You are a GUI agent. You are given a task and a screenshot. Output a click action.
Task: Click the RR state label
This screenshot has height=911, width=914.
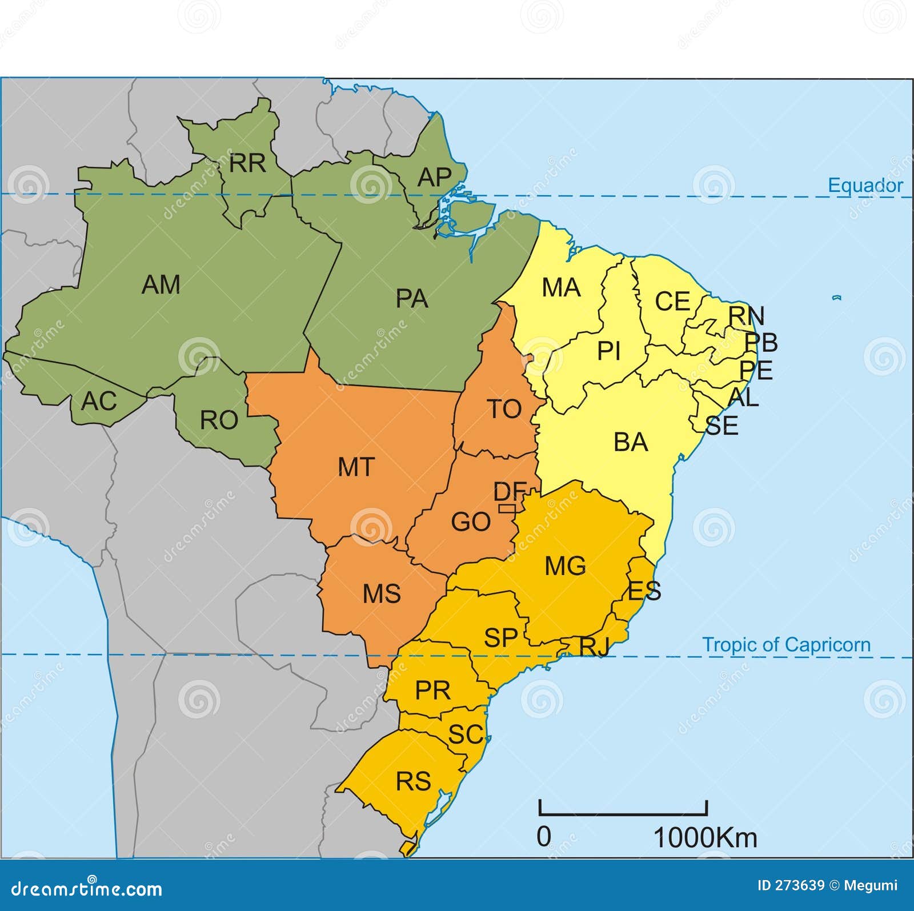click(x=247, y=163)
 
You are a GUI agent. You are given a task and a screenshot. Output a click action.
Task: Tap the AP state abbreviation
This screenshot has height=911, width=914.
click(x=434, y=177)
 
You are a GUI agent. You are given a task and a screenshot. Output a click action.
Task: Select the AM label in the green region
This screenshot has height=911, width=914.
click(x=161, y=284)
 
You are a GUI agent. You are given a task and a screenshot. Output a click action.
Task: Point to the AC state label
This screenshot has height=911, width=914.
click(x=99, y=401)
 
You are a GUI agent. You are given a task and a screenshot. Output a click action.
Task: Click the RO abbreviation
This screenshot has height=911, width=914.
click(x=219, y=420)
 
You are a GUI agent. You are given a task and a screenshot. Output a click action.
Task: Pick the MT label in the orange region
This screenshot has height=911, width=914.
click(x=356, y=467)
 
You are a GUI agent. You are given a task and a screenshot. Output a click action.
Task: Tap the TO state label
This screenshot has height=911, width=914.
click(x=504, y=409)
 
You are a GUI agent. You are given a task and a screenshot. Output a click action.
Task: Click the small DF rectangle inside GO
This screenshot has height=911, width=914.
click(x=507, y=508)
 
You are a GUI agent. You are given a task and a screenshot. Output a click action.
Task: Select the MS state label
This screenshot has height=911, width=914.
click(x=382, y=594)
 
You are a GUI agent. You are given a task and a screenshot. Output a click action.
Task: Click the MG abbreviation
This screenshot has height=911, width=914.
click(x=565, y=566)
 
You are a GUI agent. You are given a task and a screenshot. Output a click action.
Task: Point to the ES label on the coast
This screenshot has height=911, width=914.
click(x=644, y=591)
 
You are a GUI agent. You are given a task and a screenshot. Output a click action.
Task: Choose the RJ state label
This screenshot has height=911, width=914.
click(x=594, y=647)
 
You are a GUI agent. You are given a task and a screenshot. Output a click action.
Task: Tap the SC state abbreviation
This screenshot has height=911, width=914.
click(x=466, y=735)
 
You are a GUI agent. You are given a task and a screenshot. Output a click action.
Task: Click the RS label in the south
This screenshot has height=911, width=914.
click(x=413, y=781)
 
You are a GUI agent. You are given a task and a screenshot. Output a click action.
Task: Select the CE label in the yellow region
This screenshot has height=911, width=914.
click(x=672, y=302)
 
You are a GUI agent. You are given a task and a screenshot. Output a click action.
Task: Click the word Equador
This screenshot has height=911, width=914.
click(x=865, y=186)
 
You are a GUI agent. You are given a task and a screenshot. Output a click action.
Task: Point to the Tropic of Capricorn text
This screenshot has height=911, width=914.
click(x=787, y=645)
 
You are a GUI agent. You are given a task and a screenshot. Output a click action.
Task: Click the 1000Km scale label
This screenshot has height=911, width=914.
click(x=705, y=838)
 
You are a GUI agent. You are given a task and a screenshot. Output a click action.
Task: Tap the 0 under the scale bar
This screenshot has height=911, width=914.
click(x=544, y=837)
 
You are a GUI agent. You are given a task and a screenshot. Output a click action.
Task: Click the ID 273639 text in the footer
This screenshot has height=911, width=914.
click(x=791, y=885)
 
